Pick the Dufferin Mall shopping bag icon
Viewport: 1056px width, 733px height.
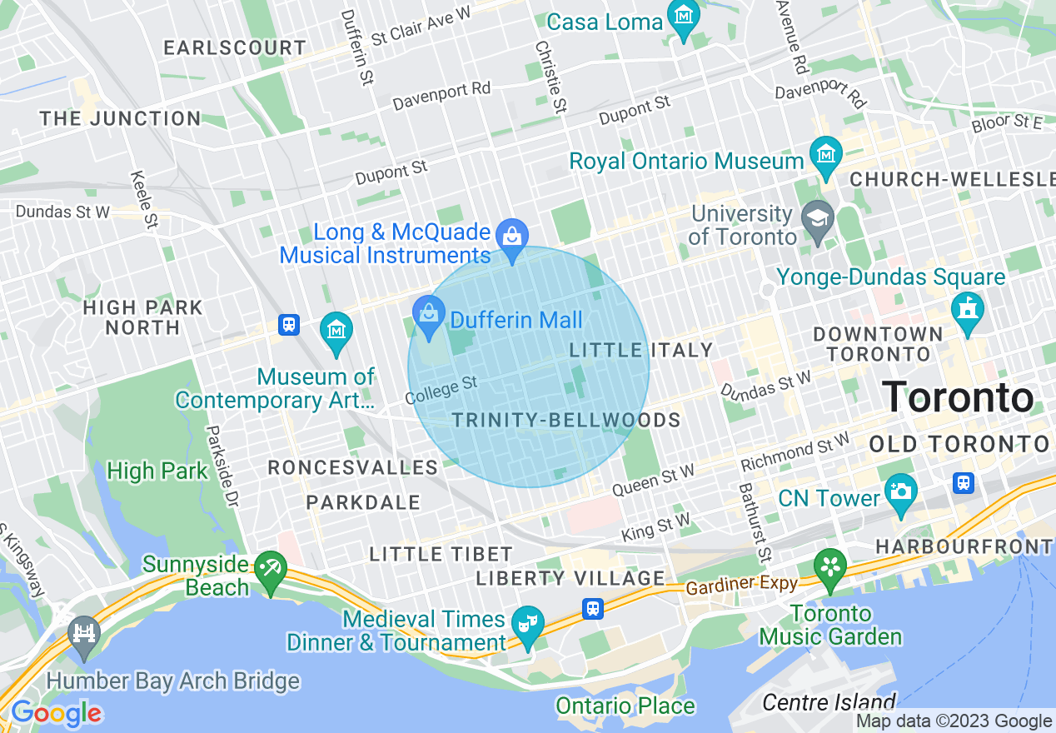click(x=429, y=317)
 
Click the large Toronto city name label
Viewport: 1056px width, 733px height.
click(x=958, y=397)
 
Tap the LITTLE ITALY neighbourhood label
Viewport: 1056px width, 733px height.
click(x=641, y=351)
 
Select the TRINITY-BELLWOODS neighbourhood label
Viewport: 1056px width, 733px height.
click(x=566, y=420)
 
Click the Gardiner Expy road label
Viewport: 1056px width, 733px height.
click(x=741, y=586)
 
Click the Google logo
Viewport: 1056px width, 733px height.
click(x=55, y=713)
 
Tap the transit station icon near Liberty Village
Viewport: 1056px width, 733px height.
click(x=592, y=609)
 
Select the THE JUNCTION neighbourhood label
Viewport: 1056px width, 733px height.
click(x=120, y=119)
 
